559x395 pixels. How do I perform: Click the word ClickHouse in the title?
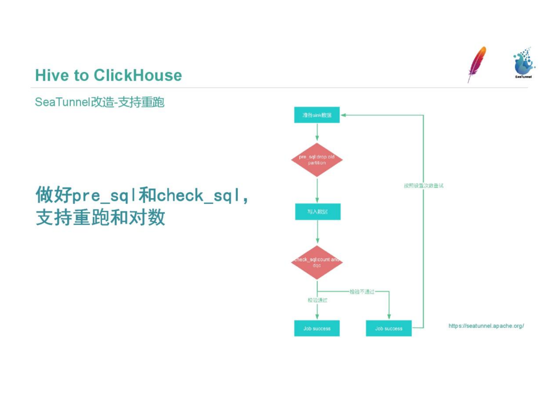pyautogui.click(x=138, y=75)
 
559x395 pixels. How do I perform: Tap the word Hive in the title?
pyautogui.click(x=52, y=75)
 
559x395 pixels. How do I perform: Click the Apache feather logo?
pyautogui.click(x=477, y=64)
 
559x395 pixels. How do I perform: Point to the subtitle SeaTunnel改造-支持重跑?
pyautogui.click(x=100, y=102)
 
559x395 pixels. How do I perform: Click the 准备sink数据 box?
pyautogui.click(x=317, y=115)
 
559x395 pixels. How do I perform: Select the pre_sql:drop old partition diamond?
pyautogui.click(x=317, y=160)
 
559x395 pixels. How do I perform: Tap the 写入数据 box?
pyautogui.click(x=318, y=211)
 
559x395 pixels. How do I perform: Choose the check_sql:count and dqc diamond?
pyautogui.click(x=317, y=263)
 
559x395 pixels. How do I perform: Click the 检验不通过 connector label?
pyautogui.click(x=362, y=292)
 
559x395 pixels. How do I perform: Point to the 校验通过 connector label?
pyautogui.click(x=317, y=300)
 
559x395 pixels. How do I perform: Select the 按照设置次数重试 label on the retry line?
pyautogui.click(x=423, y=186)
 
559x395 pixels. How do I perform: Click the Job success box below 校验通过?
pyautogui.click(x=317, y=328)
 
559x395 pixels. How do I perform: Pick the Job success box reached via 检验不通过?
pyautogui.click(x=389, y=328)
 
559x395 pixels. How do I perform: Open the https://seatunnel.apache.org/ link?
pyautogui.click(x=486, y=326)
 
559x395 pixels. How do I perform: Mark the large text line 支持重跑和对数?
pyautogui.click(x=100, y=217)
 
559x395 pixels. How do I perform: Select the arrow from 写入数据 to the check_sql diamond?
pyautogui.click(x=318, y=232)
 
